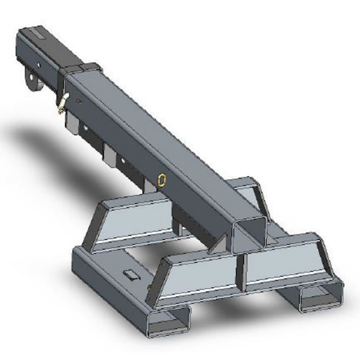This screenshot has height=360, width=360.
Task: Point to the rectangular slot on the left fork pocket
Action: pos(130,274)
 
